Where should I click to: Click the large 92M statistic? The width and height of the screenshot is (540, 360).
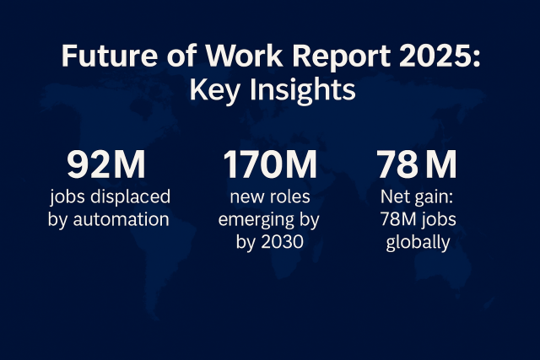106,165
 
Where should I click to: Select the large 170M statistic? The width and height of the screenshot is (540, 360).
270,165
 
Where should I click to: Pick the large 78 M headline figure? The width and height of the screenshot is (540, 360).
417,165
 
